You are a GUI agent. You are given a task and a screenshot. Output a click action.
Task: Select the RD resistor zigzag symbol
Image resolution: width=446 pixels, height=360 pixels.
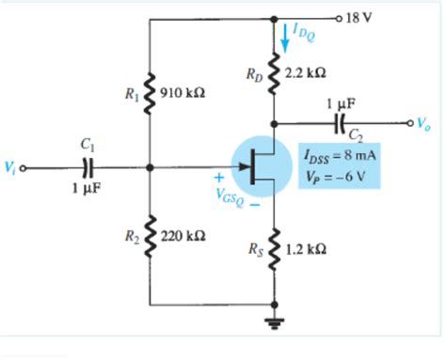[275, 72]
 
